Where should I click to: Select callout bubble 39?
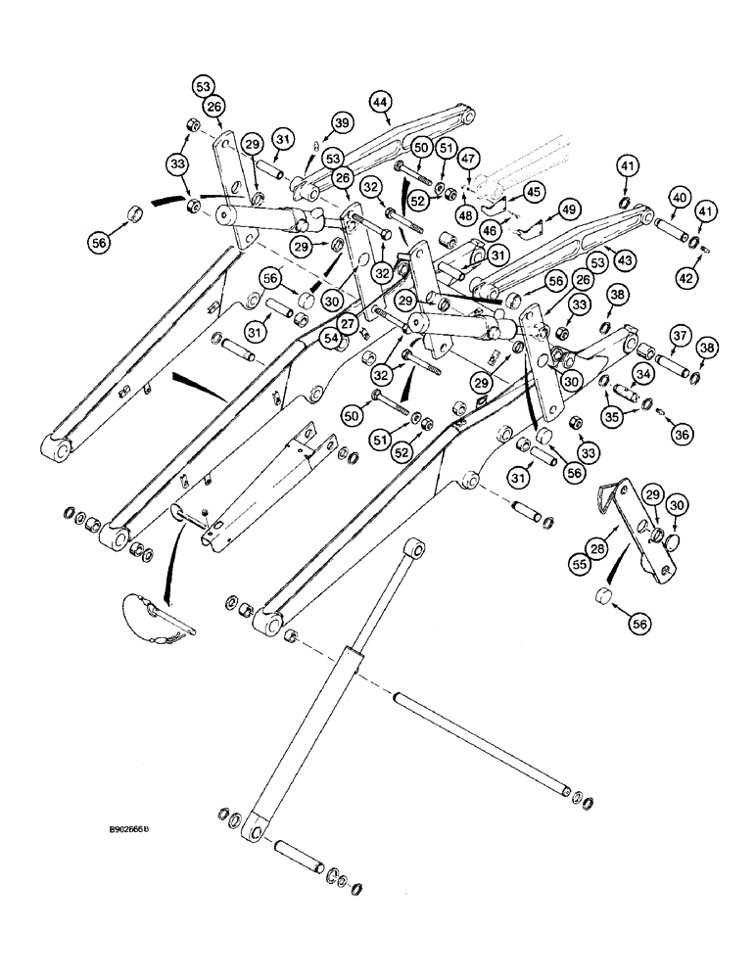340,122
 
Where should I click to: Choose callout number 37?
678,336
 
